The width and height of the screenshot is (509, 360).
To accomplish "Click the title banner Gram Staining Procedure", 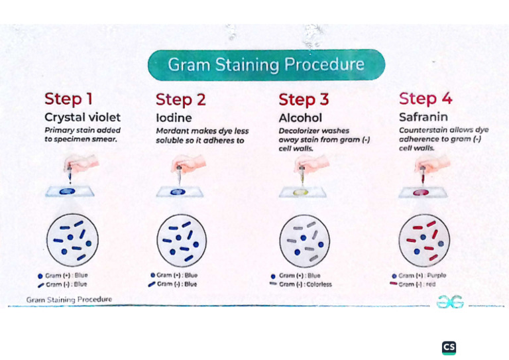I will point(266,64).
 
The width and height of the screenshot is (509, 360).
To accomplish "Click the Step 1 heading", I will point(68,99).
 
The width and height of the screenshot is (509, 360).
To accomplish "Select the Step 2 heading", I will point(180,99).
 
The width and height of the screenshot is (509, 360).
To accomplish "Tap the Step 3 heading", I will point(304,99).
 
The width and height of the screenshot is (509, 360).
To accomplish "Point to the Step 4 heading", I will point(425,98).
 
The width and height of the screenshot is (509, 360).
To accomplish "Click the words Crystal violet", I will point(82,117).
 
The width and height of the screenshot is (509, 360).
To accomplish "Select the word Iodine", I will point(174,118).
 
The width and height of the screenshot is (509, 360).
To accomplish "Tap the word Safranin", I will point(424,117).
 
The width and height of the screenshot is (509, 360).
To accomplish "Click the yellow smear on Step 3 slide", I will point(301,192).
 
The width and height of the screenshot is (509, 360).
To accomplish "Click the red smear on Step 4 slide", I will point(422,192).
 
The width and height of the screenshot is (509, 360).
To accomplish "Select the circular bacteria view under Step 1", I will point(72,240).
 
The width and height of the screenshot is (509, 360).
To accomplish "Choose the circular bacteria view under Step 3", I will point(304,241).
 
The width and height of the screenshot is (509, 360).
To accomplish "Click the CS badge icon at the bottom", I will point(449,347).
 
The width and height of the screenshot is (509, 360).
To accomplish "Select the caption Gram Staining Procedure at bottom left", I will point(69,300).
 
